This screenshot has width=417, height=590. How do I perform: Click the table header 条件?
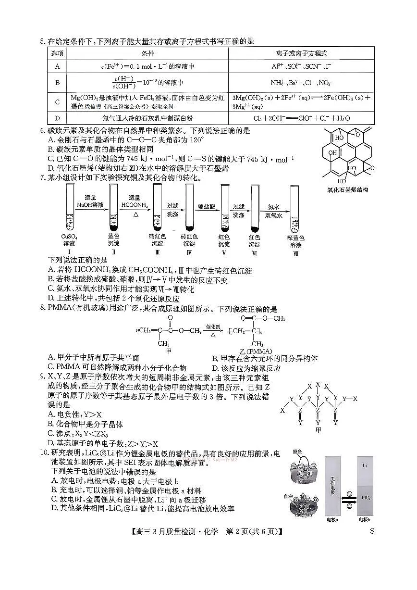(x=147, y=53)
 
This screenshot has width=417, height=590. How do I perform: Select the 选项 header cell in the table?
(x=57, y=53)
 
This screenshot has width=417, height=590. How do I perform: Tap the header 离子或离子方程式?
(x=302, y=53)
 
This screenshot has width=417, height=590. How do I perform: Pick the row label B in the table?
(x=57, y=83)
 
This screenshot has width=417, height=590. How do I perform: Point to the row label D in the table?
(x=57, y=118)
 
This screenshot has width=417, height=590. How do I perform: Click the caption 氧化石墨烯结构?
(x=346, y=190)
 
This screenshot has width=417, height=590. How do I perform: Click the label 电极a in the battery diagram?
(x=332, y=520)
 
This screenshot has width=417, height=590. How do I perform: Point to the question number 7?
(x=42, y=178)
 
